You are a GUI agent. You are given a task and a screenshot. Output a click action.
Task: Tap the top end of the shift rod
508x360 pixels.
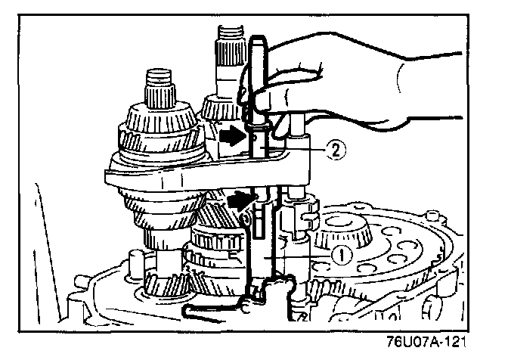pos(257,45)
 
